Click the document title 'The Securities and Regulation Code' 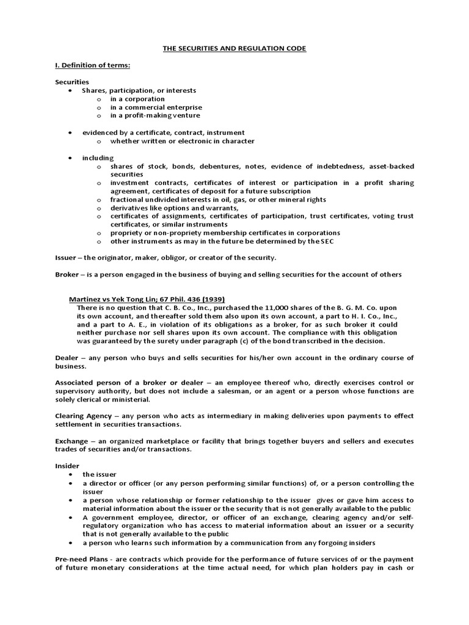[x=234, y=48]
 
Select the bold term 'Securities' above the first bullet [x=72, y=82]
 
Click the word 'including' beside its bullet [x=98, y=157]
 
